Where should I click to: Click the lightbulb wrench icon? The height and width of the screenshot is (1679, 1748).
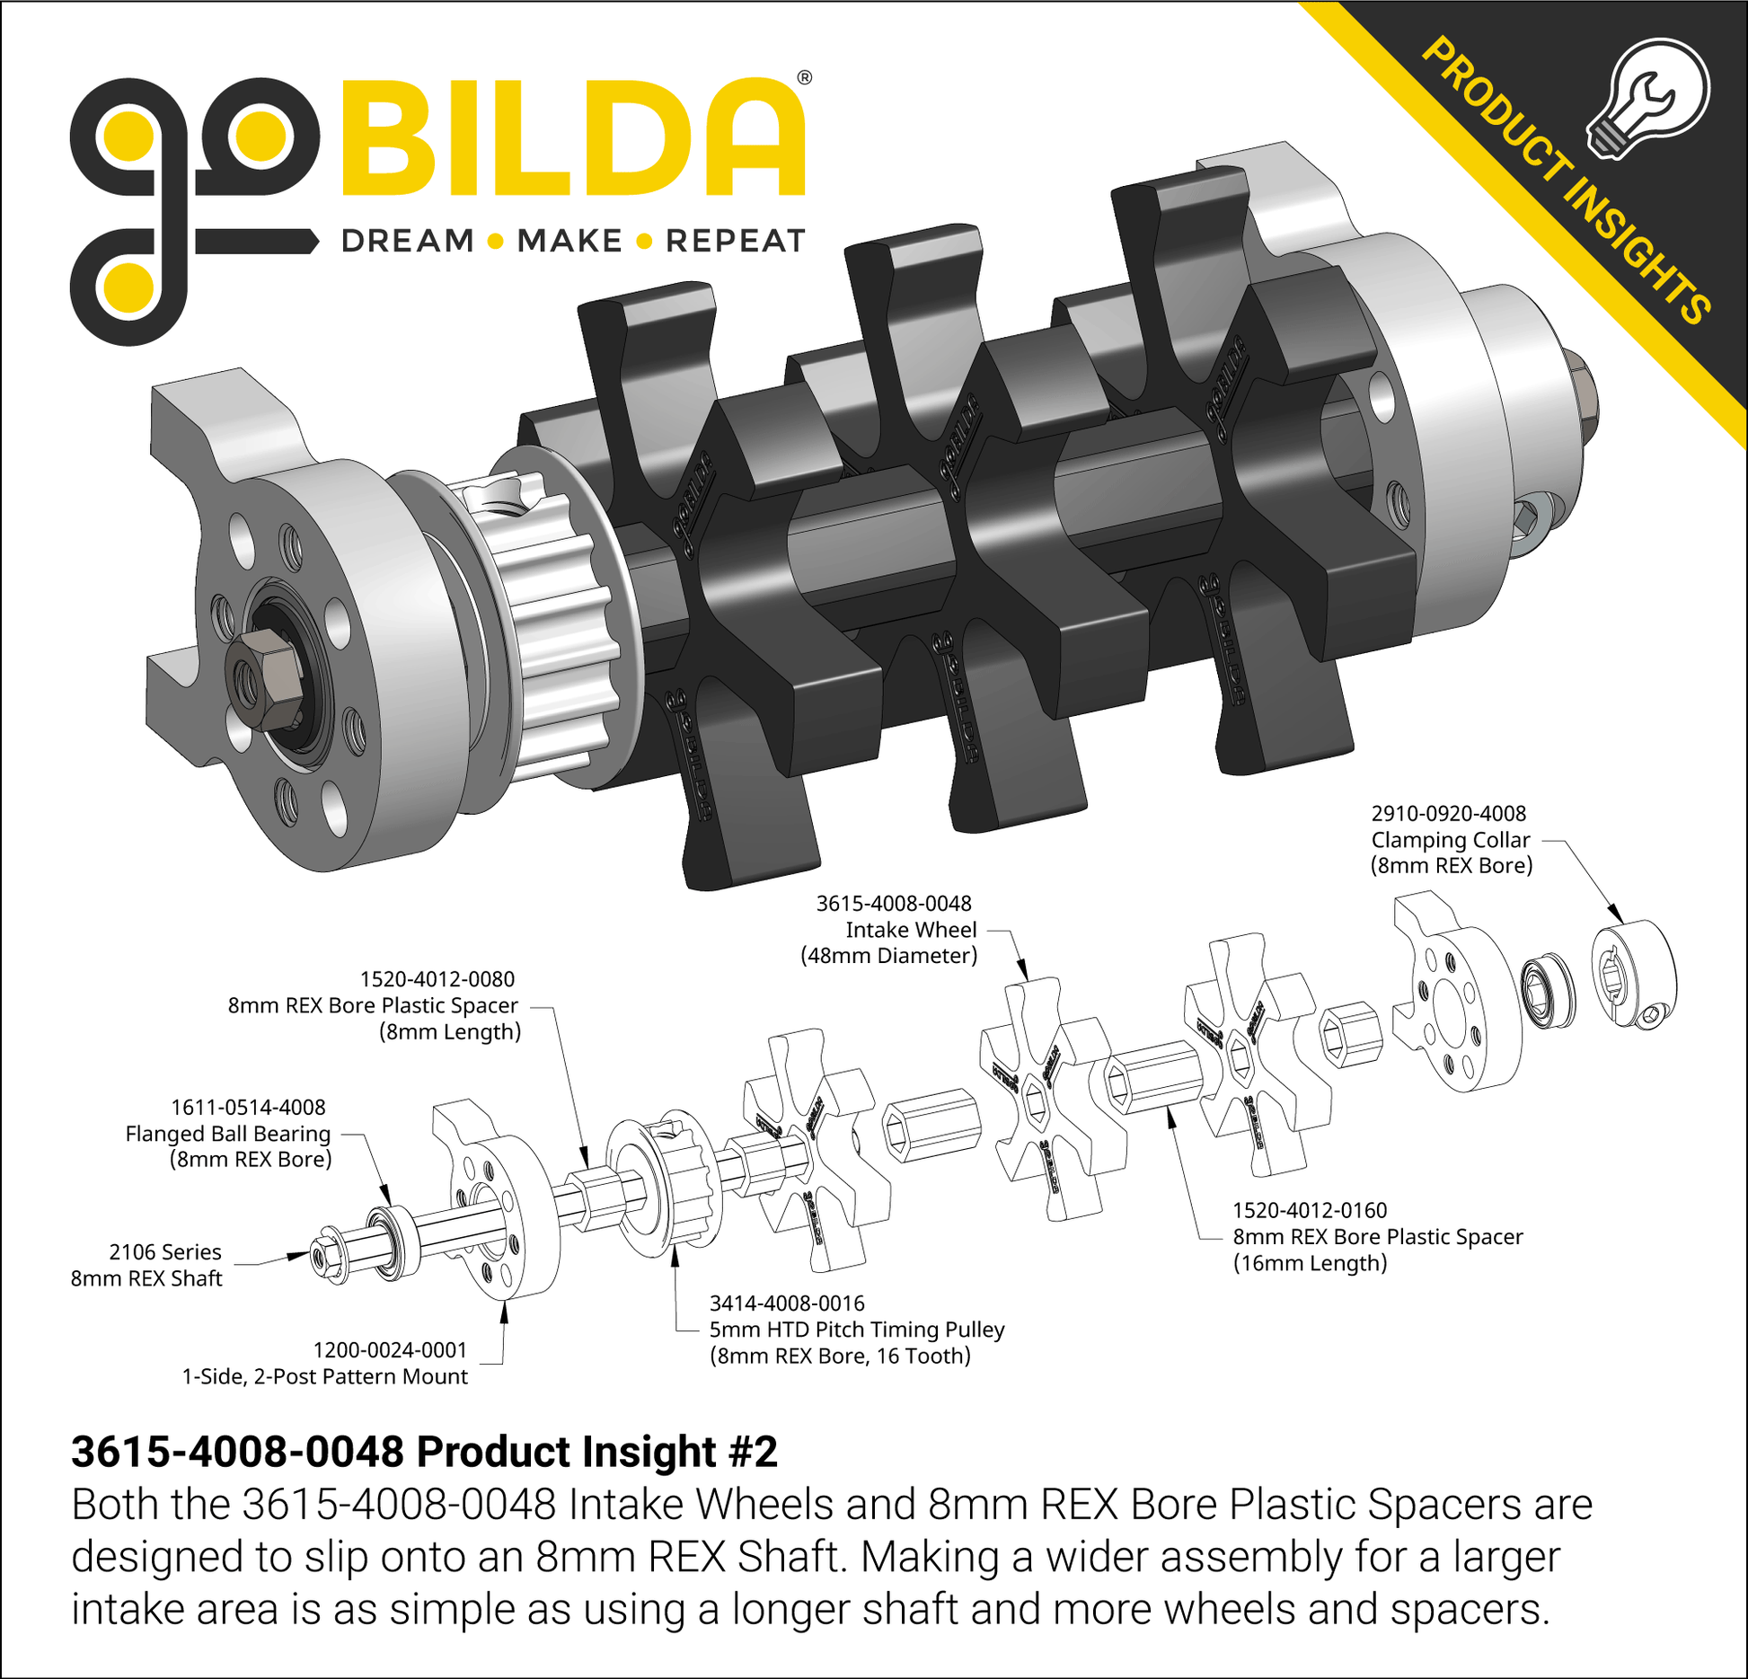(1648, 99)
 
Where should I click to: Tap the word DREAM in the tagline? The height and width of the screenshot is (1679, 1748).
(408, 241)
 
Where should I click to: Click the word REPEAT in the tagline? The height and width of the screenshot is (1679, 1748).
(735, 241)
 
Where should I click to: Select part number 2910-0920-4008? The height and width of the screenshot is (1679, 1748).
(1448, 813)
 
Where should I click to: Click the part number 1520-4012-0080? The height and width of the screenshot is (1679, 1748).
(437, 979)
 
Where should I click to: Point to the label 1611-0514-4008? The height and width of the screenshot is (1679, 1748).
(248, 1107)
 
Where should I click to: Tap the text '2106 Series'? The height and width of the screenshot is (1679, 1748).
(165, 1251)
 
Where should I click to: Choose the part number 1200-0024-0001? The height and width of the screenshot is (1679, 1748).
(390, 1349)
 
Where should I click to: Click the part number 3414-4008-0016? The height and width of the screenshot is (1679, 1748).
(787, 1303)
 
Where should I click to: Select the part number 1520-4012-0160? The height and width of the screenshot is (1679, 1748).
(1310, 1210)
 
